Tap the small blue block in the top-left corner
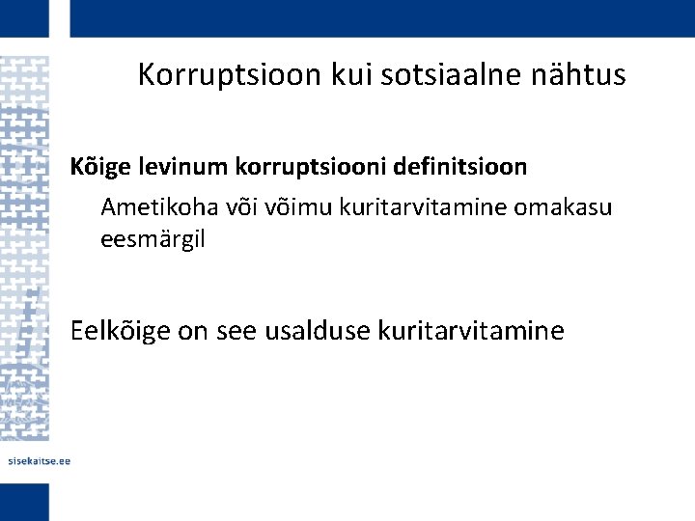point(24,18)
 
